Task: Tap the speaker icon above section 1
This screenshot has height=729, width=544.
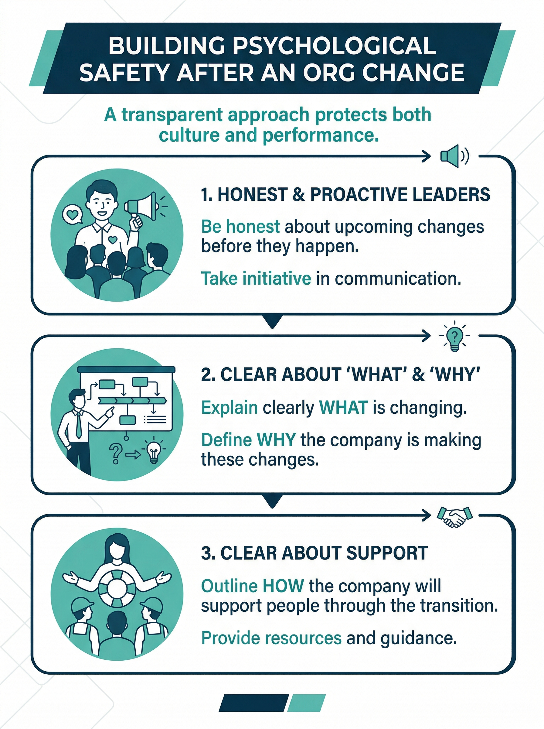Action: click(x=454, y=156)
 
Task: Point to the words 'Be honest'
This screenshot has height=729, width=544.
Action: click(x=240, y=227)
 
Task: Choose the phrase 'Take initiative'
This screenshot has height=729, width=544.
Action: click(x=256, y=278)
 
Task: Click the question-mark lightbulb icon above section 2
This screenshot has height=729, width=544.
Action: click(x=454, y=336)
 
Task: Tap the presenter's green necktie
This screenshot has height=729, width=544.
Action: click(x=78, y=425)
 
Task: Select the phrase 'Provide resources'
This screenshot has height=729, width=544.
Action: click(x=271, y=638)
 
